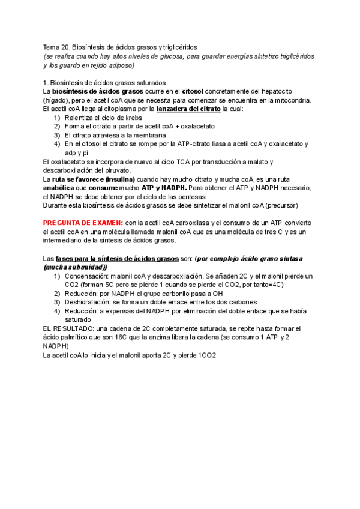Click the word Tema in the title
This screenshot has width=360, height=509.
tap(51, 46)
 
